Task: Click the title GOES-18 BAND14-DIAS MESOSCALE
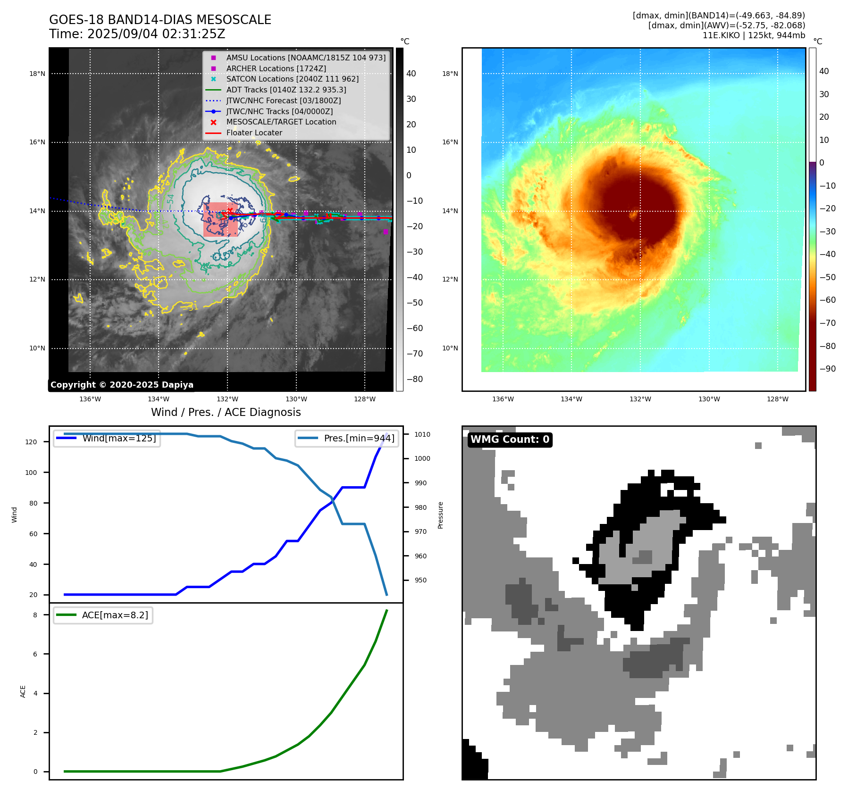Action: click(160, 20)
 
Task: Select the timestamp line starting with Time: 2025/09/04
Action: click(137, 34)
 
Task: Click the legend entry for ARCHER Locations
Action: click(276, 68)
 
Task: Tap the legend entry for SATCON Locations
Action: click(292, 79)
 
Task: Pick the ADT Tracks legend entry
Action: click(286, 90)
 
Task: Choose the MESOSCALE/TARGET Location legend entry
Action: click(281, 122)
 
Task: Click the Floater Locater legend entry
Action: click(254, 133)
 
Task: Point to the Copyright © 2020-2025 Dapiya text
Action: click(122, 385)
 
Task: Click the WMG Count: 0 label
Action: click(510, 440)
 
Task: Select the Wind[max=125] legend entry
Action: click(119, 438)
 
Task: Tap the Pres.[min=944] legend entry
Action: click(359, 438)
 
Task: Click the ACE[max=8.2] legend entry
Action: click(115, 615)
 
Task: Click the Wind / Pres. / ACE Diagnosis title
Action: click(226, 412)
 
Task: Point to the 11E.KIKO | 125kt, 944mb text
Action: click(754, 35)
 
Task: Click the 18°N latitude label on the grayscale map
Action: click(37, 74)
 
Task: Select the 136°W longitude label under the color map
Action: click(503, 399)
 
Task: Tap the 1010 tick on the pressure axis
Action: click(422, 434)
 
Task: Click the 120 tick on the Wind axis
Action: click(31, 442)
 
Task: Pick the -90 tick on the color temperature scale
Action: click(827, 369)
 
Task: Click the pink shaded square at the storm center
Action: click(220, 220)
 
